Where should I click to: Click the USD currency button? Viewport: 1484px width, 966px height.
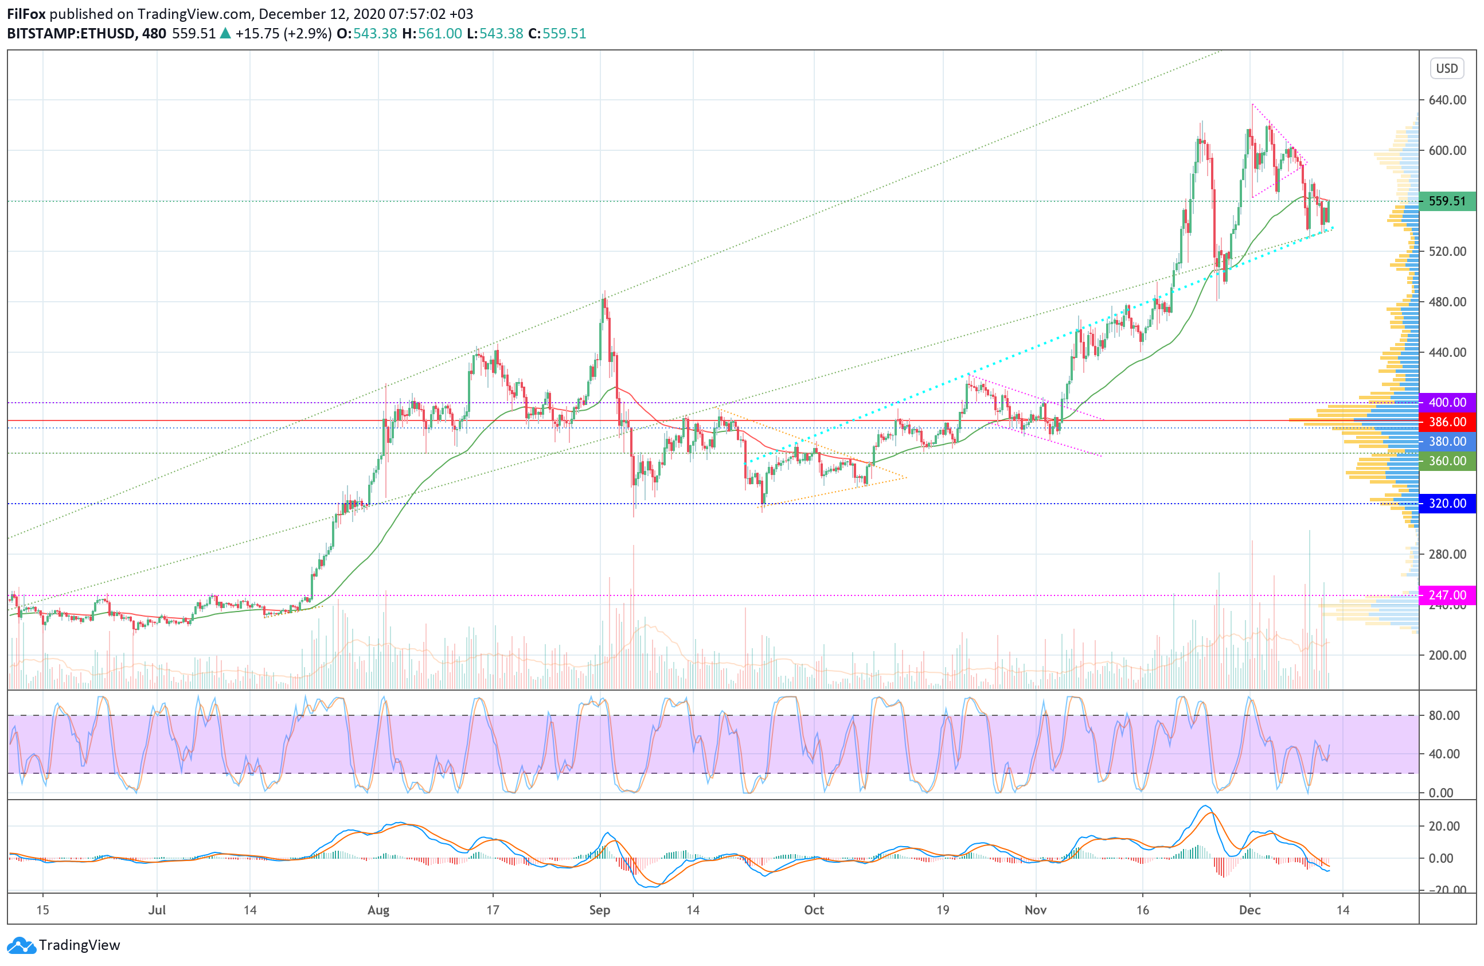[x=1447, y=68]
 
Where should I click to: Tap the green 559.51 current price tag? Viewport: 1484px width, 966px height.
[x=1447, y=201]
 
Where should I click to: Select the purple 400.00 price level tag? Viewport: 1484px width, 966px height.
[x=1447, y=402]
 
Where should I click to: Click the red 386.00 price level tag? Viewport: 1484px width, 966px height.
[x=1447, y=422]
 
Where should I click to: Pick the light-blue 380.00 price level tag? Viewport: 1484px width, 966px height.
[x=1447, y=441]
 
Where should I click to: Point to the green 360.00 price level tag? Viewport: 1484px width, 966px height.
[x=1447, y=461]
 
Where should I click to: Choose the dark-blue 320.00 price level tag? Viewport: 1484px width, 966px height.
[x=1447, y=503]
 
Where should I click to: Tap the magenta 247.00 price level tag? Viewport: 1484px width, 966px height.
[x=1447, y=595]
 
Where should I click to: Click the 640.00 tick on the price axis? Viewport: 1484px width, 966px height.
[x=1447, y=100]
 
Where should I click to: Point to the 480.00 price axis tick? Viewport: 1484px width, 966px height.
[x=1447, y=302]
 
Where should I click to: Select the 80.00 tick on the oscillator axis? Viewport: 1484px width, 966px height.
[x=1444, y=715]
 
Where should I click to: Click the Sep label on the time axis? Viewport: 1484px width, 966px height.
[x=599, y=910]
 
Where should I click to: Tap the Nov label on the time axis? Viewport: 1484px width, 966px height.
[x=1035, y=910]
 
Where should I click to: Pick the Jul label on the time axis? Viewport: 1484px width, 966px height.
[x=157, y=910]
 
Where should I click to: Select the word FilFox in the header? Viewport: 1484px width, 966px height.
[x=26, y=14]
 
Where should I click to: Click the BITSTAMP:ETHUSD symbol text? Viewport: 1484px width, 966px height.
[x=71, y=34]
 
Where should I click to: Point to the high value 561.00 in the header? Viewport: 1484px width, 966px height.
[x=440, y=34]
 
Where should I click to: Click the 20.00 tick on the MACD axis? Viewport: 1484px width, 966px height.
[x=1444, y=826]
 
